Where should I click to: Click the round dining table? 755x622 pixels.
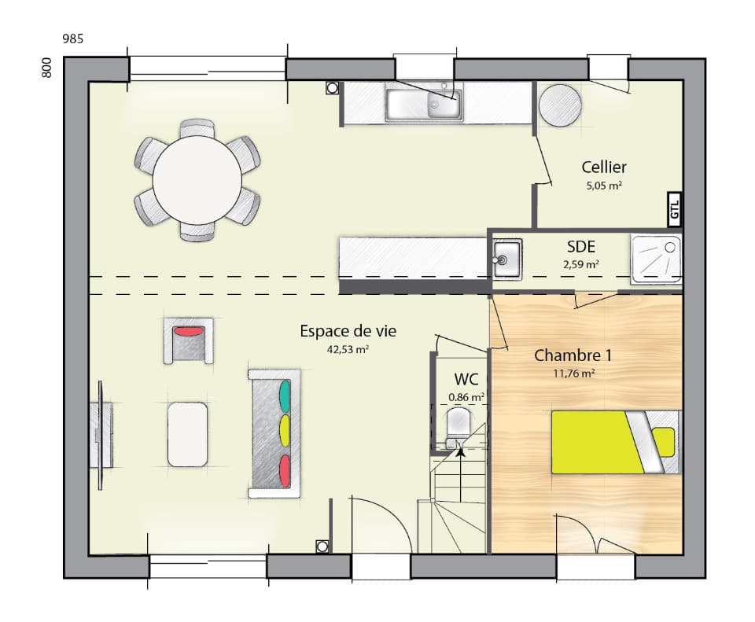pos(197,180)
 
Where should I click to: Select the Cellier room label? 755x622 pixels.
pos(604,167)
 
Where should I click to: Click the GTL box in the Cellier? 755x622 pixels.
pos(674,208)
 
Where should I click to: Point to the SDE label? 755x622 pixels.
pos(580,247)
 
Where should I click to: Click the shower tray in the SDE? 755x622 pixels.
pos(656,257)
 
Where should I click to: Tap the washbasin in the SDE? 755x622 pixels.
pos(507,256)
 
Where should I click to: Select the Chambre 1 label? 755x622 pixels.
pos(573,355)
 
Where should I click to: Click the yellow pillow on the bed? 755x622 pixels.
pos(664,442)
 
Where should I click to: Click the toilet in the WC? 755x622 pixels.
pos(457,425)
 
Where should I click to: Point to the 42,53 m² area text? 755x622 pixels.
pos(348,349)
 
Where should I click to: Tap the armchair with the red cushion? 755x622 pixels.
pos(189,340)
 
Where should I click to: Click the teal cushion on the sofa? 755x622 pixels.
pos(284,394)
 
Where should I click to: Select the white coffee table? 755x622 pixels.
pos(187,434)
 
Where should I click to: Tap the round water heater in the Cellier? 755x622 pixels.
pos(560,105)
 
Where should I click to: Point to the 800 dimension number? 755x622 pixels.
pos(46,68)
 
